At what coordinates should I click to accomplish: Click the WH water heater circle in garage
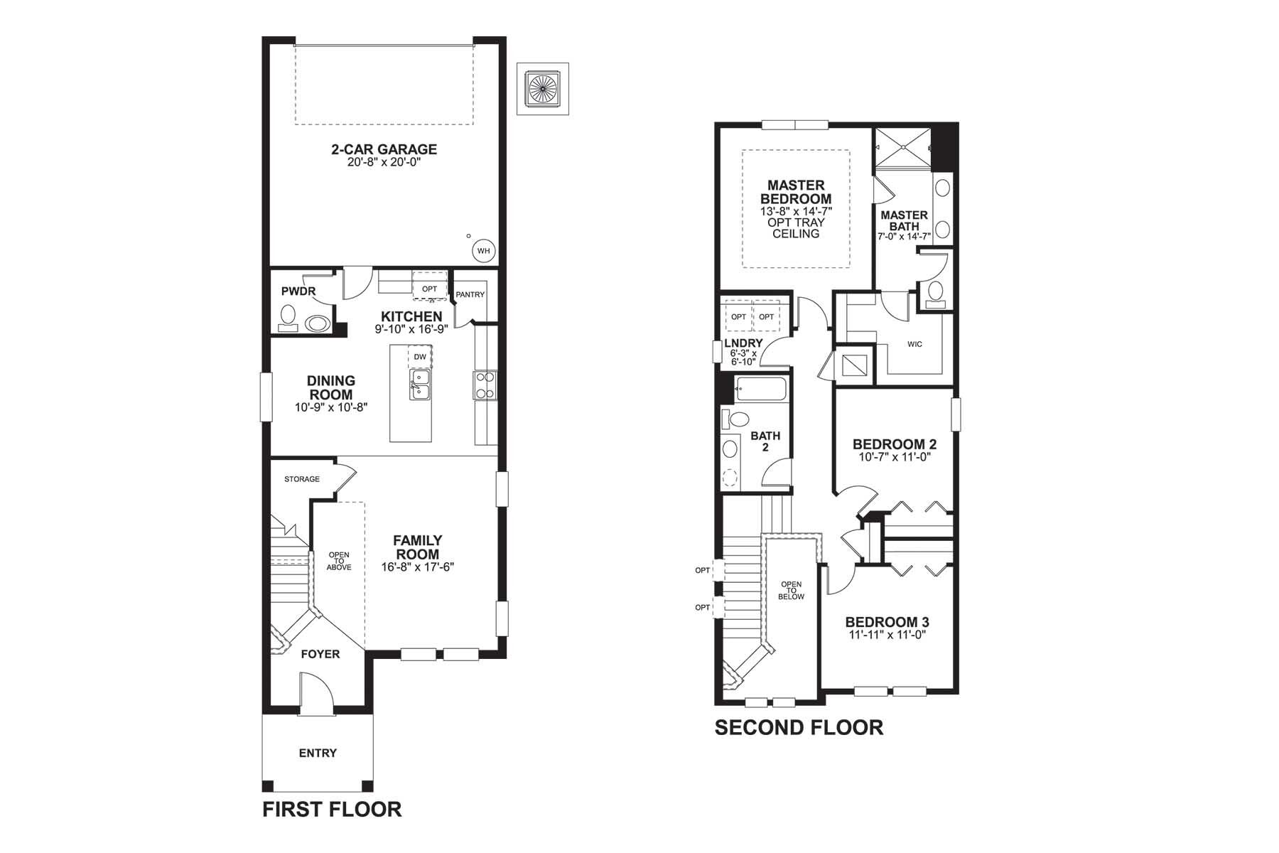coord(483,251)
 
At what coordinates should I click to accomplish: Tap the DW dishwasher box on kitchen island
coord(420,357)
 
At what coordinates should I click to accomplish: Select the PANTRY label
coord(470,294)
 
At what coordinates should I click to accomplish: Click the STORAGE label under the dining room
coord(302,479)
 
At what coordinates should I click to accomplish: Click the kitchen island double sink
coord(420,384)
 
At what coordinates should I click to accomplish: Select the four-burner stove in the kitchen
coord(485,385)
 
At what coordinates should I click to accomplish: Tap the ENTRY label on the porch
coord(318,753)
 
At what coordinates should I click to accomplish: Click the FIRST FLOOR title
coord(332,809)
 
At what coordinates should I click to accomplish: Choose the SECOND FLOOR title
coord(799,727)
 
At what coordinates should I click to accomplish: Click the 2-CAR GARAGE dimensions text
coord(384,162)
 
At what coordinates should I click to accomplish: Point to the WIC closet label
coord(914,344)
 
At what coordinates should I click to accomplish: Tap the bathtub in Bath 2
coord(761,390)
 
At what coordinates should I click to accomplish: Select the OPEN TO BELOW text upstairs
coord(791,591)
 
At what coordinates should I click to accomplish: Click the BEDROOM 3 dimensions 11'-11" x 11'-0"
coord(887,635)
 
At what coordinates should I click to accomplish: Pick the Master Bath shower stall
coord(902,147)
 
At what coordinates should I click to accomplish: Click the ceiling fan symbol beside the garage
coord(544,89)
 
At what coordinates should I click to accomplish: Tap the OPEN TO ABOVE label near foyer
coord(339,561)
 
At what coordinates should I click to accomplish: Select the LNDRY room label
coord(743,343)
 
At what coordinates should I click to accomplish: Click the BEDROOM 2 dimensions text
coord(894,457)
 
